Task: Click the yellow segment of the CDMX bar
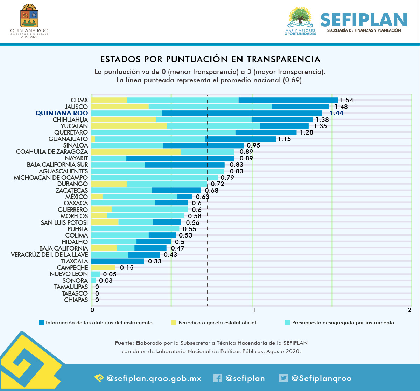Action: click(109, 100)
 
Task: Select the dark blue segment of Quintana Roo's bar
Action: click(242, 113)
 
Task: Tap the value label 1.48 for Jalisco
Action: click(341, 107)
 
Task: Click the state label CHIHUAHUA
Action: click(70, 120)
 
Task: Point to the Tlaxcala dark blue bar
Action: click(117, 261)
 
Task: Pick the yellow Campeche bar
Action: click(103, 268)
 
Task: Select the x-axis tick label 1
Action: click(254, 310)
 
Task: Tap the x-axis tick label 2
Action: click(409, 310)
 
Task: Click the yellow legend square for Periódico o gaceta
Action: click(174, 323)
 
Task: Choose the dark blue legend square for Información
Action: click(41, 323)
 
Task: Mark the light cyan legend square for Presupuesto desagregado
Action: click(287, 323)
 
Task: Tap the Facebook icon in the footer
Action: click(217, 378)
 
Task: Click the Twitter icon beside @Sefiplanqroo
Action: click(283, 378)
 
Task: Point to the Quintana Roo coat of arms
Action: click(29, 16)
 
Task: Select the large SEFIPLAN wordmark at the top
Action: click(364, 20)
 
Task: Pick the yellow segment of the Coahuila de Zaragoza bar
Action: click(135, 152)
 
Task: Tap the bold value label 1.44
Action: click(336, 113)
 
